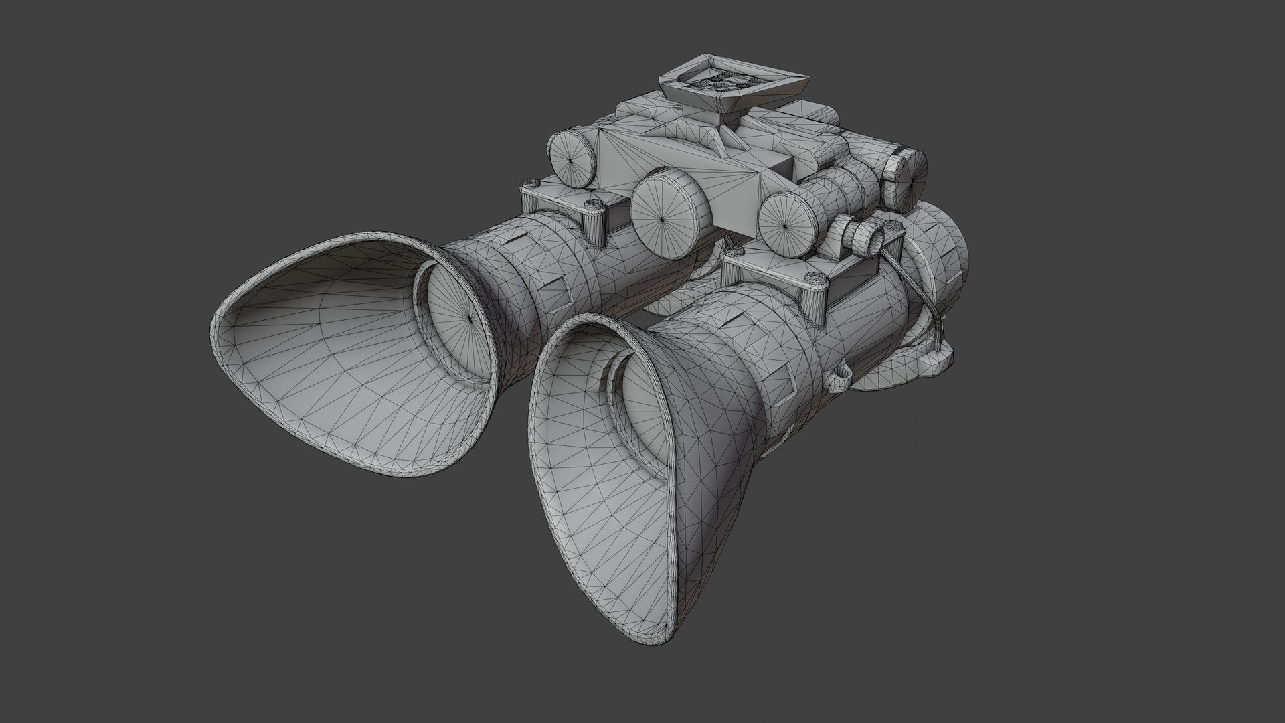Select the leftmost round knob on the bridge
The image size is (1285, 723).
tap(571, 157)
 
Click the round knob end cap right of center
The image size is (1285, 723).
tap(787, 224)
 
